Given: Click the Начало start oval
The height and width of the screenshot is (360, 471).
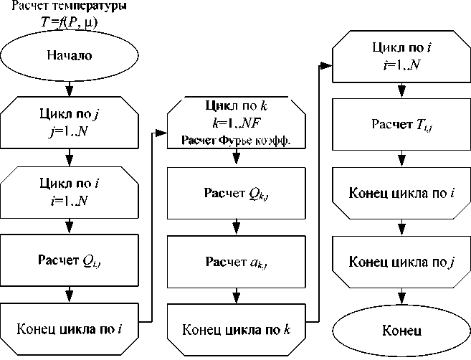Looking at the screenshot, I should click(x=70, y=55).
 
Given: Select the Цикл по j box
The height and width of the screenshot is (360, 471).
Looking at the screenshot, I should click(x=70, y=121).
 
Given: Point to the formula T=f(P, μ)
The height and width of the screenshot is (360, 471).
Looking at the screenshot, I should click(x=70, y=24).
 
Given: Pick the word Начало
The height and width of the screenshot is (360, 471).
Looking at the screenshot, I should click(x=70, y=55).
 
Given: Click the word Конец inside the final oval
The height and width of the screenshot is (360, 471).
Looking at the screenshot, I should click(x=402, y=331).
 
